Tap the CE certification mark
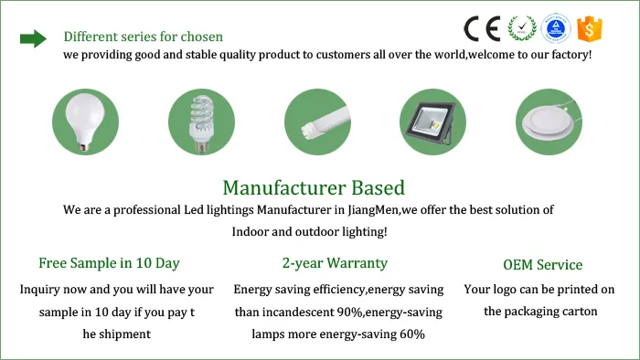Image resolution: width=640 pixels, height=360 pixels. click(482, 28)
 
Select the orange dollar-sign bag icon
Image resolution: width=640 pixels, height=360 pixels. click(590, 29)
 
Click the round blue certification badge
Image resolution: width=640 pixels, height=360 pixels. click(557, 29)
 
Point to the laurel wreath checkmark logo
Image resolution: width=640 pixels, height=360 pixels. click(521, 29)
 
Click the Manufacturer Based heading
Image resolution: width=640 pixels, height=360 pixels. click(314, 188)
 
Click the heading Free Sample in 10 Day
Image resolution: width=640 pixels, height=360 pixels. click(109, 263)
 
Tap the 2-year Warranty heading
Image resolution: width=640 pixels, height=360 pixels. click(335, 263)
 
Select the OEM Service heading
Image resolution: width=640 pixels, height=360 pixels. click(542, 265)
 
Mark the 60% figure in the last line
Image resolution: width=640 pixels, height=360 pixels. click(411, 334)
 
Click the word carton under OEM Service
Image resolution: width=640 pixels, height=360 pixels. click(578, 312)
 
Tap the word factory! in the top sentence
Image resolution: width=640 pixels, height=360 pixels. click(569, 55)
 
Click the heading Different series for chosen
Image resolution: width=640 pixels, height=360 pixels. click(143, 37)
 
